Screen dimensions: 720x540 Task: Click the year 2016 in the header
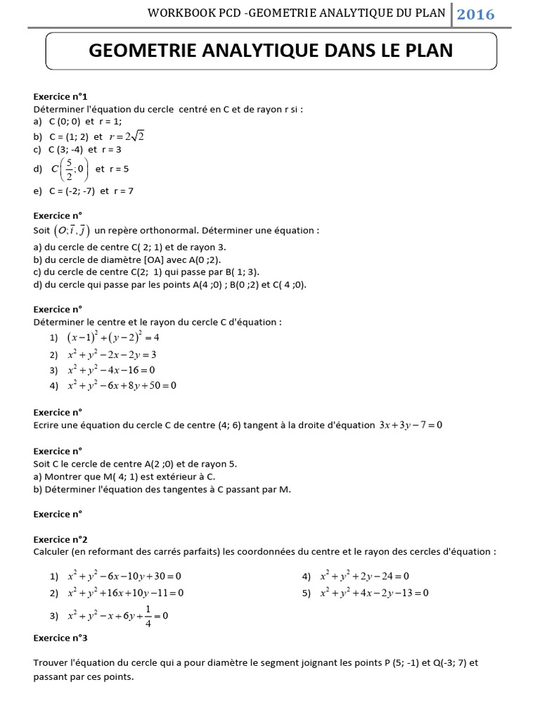click(x=476, y=14)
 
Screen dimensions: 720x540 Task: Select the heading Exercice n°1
click(x=60, y=96)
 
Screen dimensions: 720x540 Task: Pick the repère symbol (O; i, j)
click(x=71, y=231)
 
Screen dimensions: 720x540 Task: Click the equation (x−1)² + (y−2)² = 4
click(x=113, y=337)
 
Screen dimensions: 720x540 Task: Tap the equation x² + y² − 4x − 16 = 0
click(x=110, y=370)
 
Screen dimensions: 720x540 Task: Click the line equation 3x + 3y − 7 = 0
click(x=411, y=425)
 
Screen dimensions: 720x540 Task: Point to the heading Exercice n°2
click(x=60, y=539)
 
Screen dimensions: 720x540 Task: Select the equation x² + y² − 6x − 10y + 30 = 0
click(x=124, y=577)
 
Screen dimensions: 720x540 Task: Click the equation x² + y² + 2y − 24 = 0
click(x=364, y=577)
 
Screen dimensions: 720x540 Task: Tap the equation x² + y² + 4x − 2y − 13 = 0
click(x=374, y=593)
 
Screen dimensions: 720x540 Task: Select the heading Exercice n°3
click(x=60, y=638)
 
